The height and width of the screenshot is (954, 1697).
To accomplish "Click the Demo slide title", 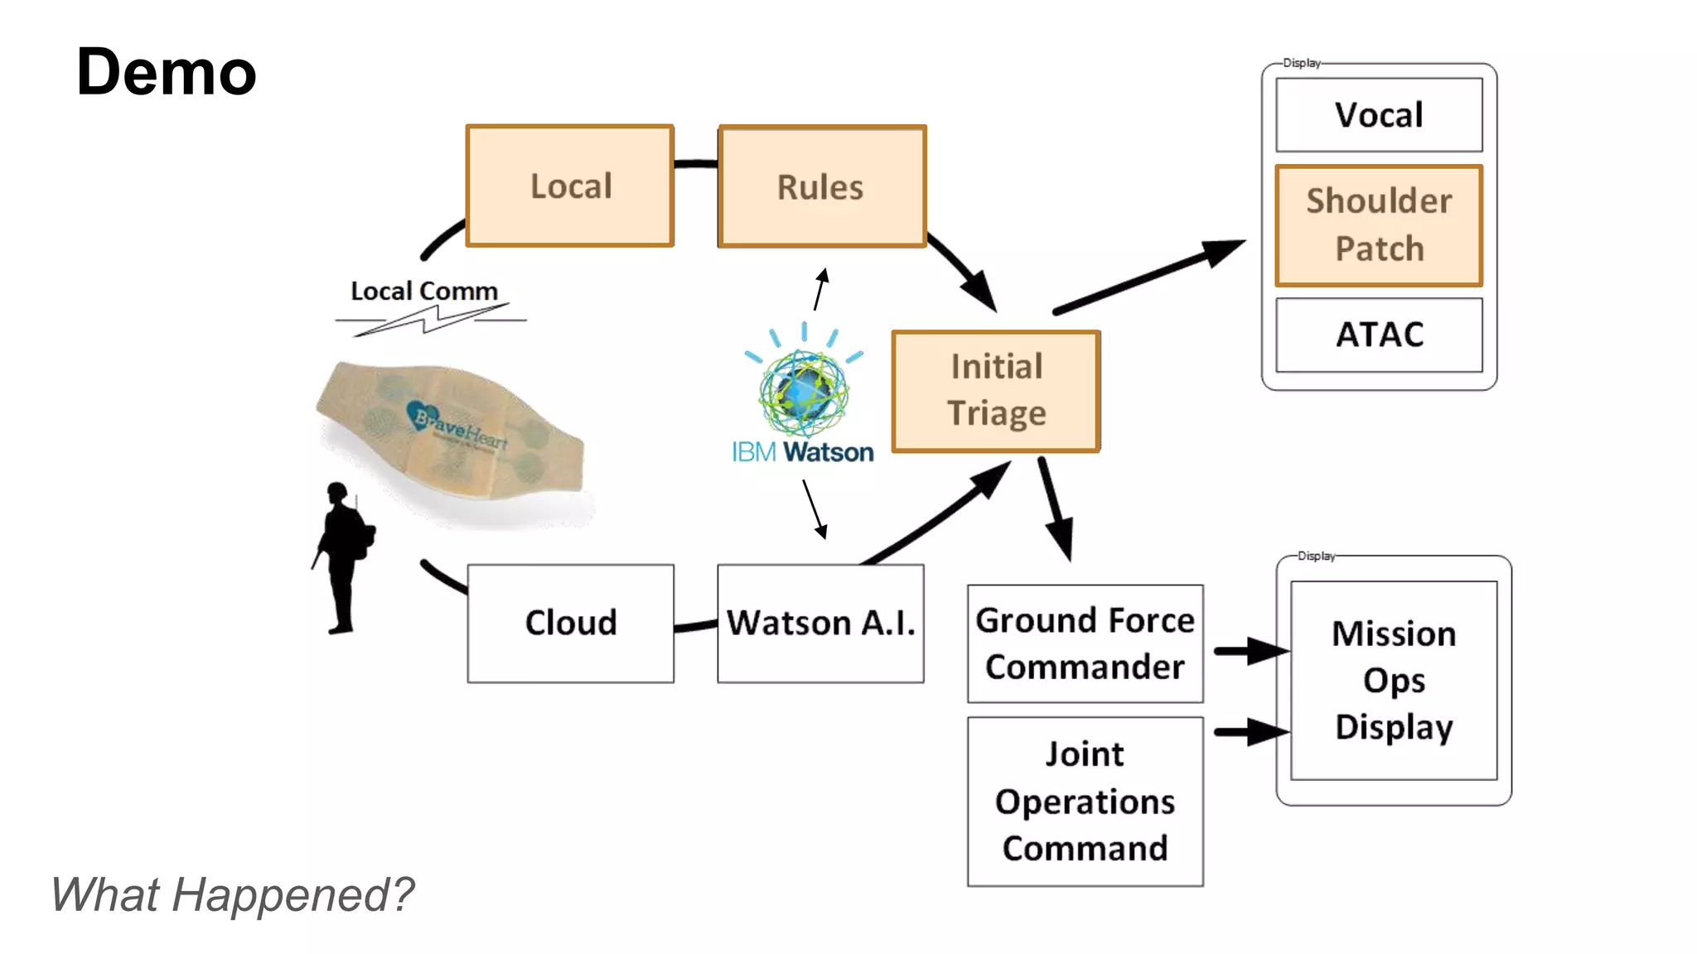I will tap(166, 73).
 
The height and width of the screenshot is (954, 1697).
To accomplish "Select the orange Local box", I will tap(570, 186).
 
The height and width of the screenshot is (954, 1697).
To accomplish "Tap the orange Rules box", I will tap(821, 187).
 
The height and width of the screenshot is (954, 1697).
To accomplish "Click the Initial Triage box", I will tap(996, 391).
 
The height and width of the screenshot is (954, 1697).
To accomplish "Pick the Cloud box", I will tap(570, 624).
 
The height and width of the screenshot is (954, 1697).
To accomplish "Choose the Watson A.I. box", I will tap(820, 624).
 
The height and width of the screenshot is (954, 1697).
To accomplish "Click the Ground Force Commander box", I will tap(1085, 643).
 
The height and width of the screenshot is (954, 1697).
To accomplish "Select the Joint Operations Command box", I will tap(1085, 802).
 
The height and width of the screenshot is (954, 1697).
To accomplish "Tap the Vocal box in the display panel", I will tap(1379, 115).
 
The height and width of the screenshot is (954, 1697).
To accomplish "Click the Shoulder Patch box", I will tap(1379, 225).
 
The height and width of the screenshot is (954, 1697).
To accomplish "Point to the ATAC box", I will tap(1379, 335).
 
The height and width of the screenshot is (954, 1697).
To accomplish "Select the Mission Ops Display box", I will tap(1394, 680).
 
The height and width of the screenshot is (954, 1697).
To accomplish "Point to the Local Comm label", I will tap(424, 291).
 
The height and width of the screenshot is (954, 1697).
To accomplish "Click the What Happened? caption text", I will tap(232, 895).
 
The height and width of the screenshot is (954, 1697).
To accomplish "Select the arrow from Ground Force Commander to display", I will tap(1250, 652).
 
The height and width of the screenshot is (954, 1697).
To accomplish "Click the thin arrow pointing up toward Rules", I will tap(820, 289).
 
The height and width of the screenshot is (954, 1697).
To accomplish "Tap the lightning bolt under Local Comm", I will tap(430, 320).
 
